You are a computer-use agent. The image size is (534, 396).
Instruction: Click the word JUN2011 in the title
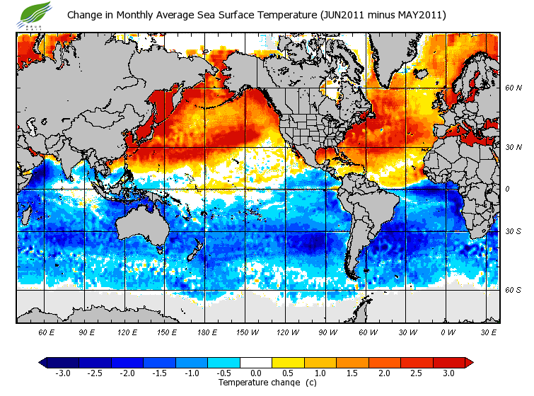pos(342,15)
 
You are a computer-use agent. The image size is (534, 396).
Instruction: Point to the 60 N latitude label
pos(513,88)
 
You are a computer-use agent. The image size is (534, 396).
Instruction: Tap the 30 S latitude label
pos(513,231)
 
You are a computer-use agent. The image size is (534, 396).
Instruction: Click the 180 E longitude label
pos(207,332)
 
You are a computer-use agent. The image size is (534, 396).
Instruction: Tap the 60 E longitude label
pos(47,332)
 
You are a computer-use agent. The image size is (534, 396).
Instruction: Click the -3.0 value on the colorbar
pos(63,373)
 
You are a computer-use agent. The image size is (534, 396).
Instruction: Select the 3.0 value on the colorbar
pos(448,373)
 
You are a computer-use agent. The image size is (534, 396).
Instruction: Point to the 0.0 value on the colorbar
pos(255,373)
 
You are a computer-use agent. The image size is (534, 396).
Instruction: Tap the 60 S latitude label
pos(513,289)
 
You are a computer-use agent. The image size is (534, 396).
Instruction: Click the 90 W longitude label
pos(327,332)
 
